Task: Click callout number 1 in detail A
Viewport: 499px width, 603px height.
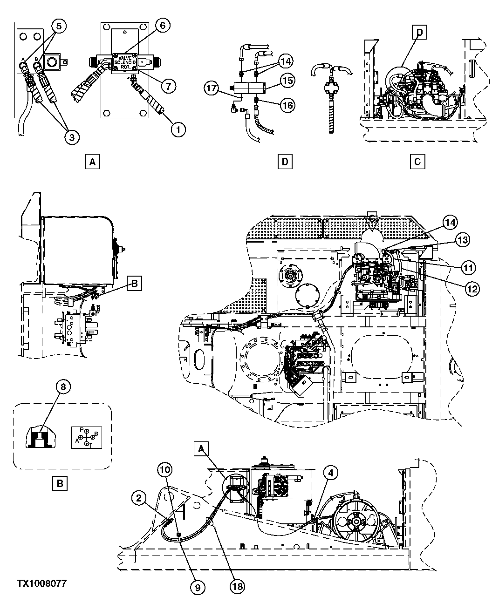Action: [x=177, y=130]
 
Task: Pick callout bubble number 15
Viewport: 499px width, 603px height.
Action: [x=287, y=81]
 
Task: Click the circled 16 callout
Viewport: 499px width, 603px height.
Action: [x=287, y=105]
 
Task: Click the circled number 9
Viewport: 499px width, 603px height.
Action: [x=197, y=588]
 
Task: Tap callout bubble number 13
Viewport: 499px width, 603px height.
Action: [x=462, y=240]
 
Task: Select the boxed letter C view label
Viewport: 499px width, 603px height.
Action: [x=417, y=162]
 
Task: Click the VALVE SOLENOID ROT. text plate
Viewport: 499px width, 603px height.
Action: [x=123, y=61]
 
